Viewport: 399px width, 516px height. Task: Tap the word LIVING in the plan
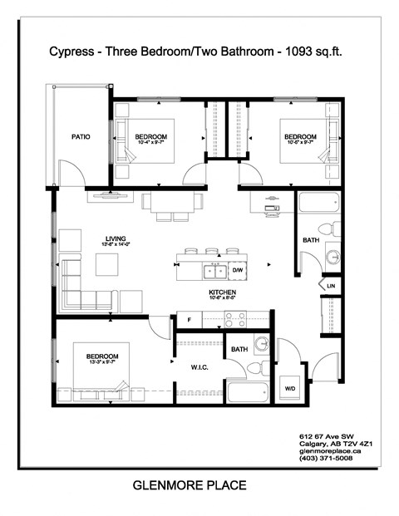point(103,236)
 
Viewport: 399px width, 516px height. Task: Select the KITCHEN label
point(223,293)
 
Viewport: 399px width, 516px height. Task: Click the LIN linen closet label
point(331,285)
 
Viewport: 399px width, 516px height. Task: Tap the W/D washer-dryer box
point(292,387)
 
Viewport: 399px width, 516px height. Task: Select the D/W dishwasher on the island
point(237,270)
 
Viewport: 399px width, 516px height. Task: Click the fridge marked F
point(190,318)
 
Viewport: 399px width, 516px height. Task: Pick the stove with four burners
point(234,317)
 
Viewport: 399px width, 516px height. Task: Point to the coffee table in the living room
point(106,264)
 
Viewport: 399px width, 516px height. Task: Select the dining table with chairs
point(172,202)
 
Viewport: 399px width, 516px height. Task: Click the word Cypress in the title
point(77,52)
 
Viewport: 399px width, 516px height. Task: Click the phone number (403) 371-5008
point(325,459)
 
